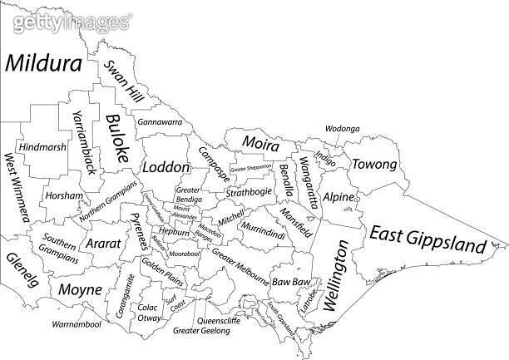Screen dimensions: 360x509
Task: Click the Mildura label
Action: [45, 64]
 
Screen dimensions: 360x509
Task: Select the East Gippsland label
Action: [427, 239]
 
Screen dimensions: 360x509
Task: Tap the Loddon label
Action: [166, 167]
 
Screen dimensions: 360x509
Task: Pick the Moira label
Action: [261, 143]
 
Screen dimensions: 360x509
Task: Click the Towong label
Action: [374, 165]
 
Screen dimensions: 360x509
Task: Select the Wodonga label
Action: [342, 129]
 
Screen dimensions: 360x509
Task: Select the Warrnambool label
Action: [76, 323]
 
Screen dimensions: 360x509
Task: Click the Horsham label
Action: [65, 197]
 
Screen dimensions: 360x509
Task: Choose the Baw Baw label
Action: [290, 283]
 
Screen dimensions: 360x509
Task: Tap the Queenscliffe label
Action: [220, 318]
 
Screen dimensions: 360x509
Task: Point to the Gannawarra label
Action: [160, 122]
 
